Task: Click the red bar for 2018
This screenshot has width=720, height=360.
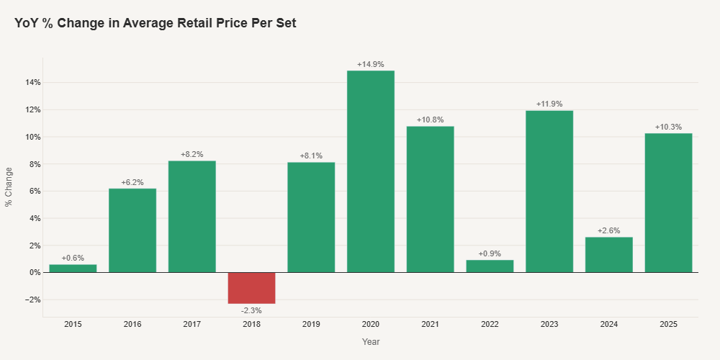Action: pyautogui.click(x=251, y=288)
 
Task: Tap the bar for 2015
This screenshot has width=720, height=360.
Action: pyautogui.click(x=73, y=269)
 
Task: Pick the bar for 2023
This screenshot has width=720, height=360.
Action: pyautogui.click(x=549, y=192)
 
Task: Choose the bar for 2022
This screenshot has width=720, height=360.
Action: pyautogui.click(x=490, y=266)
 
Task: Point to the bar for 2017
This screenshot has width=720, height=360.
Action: pyautogui.click(x=192, y=216)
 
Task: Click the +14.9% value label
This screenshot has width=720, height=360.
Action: pyautogui.click(x=371, y=65)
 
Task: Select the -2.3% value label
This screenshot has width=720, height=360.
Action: pyautogui.click(x=251, y=310)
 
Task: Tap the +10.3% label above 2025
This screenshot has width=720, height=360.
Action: pyautogui.click(x=668, y=127)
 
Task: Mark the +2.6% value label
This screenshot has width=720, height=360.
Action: pyautogui.click(x=609, y=231)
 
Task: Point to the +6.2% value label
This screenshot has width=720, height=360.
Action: pyautogui.click(x=132, y=182)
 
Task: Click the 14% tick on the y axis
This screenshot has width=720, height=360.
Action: pyautogui.click(x=32, y=83)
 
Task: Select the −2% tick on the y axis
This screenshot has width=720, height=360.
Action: pyautogui.click(x=30, y=300)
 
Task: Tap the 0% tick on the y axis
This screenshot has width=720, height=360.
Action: pyautogui.click(x=34, y=272)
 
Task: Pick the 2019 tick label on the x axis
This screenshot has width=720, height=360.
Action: pyautogui.click(x=311, y=325)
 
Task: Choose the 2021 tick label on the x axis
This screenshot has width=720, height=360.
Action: pyautogui.click(x=431, y=325)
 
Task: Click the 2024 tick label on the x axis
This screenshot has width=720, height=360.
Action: pyautogui.click(x=609, y=325)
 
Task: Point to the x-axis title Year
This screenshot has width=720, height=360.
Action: pyautogui.click(x=371, y=342)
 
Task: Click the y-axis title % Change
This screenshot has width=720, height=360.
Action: pyautogui.click(x=9, y=186)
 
